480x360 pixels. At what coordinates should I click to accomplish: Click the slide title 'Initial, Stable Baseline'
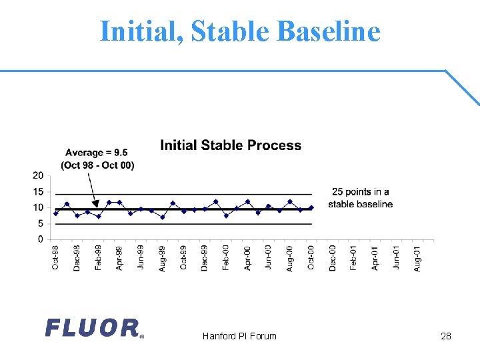click(x=240, y=31)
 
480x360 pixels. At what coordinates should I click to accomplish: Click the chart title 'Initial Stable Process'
click(x=231, y=145)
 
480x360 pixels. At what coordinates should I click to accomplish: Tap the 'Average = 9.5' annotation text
click(x=97, y=153)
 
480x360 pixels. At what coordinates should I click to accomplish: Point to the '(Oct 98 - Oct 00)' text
click(x=97, y=165)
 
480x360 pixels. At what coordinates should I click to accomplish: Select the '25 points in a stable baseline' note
click(x=360, y=198)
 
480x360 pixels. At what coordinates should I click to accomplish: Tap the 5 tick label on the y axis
click(x=41, y=224)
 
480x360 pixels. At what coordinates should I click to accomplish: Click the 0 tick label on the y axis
click(x=41, y=239)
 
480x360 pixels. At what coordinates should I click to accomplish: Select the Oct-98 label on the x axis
click(x=56, y=258)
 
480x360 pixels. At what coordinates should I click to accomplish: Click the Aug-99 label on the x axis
click(x=162, y=258)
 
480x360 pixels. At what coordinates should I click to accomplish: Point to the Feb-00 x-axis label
click(x=226, y=258)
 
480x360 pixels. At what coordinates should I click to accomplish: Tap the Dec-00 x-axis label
click(x=332, y=258)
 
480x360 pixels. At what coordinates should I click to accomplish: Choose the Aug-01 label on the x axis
click(x=417, y=258)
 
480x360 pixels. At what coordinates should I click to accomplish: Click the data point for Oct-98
click(x=56, y=213)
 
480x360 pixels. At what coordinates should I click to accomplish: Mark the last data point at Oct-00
click(x=311, y=208)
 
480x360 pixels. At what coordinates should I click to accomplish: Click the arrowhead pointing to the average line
click(x=93, y=206)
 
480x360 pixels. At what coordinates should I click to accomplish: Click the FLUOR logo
click(x=93, y=328)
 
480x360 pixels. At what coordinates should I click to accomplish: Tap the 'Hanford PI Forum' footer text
click(x=239, y=336)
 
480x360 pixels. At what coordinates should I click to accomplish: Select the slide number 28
click(x=446, y=336)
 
